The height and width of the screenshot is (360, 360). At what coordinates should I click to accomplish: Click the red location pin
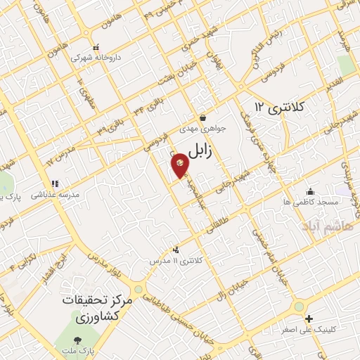[180, 165]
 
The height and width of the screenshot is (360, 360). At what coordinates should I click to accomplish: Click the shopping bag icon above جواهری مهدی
[202, 118]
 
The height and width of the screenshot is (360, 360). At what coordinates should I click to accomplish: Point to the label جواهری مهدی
[202, 129]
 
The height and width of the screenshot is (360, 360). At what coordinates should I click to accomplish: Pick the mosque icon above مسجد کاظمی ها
[310, 191]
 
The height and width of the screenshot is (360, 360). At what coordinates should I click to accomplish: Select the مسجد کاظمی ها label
[311, 202]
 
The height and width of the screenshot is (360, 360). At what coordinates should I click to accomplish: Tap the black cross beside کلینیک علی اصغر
[309, 318]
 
